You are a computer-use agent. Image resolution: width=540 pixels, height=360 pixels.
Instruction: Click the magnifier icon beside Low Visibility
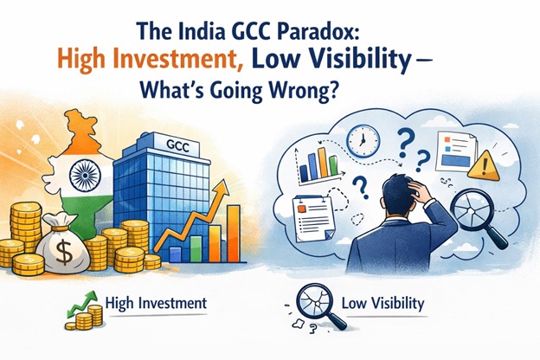(x=311, y=305)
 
